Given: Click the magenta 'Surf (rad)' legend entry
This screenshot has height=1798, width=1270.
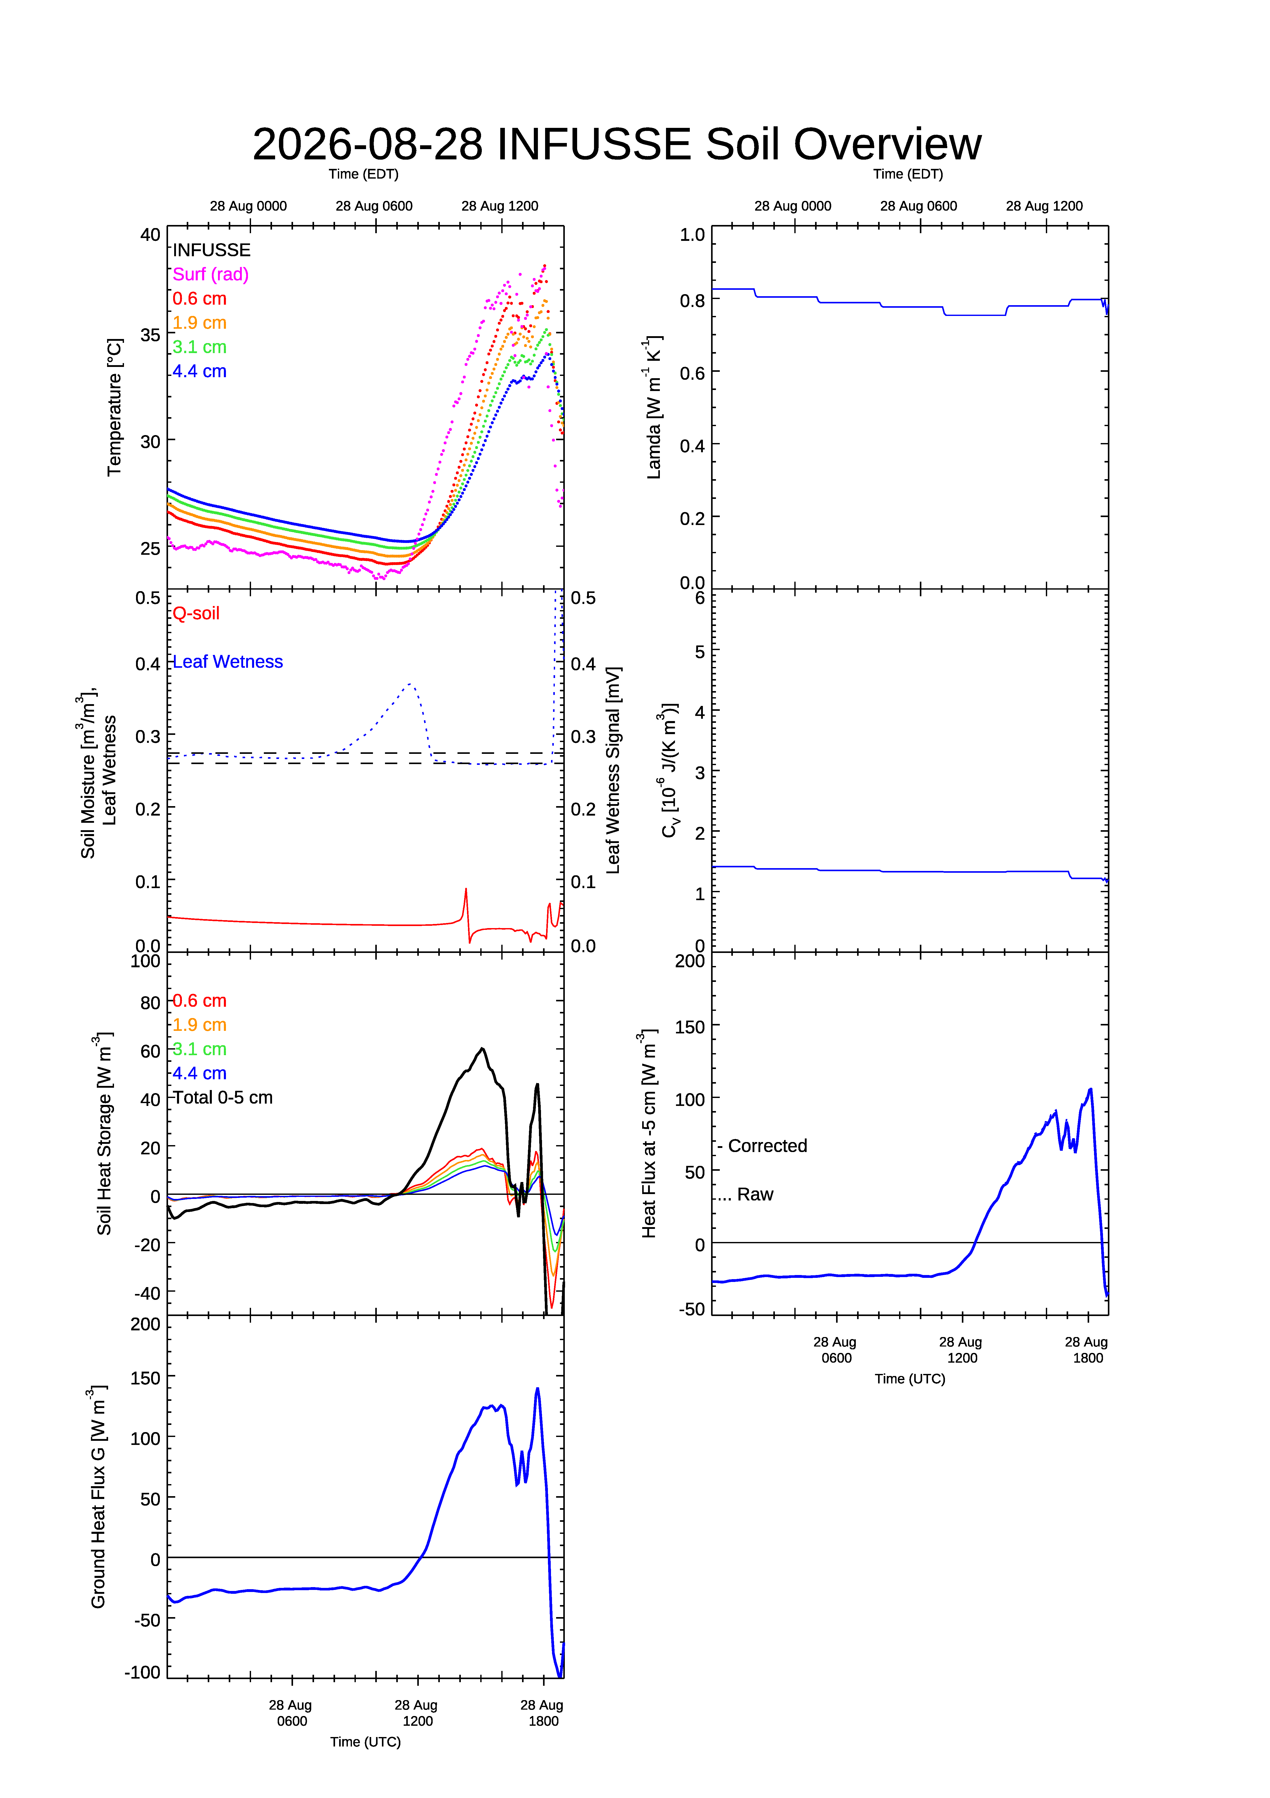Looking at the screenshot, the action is pos(211,274).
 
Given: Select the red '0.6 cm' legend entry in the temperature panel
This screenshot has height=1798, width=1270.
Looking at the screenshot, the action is pos(200,298).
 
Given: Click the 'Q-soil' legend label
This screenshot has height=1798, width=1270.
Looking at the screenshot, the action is pos(196,613).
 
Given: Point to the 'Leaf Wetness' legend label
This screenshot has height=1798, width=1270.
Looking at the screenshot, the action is pos(228,662).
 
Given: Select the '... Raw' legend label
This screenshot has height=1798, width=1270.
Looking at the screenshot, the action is pos(745,1194).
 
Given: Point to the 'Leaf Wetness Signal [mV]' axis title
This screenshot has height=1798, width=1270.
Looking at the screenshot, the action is pos(613,770).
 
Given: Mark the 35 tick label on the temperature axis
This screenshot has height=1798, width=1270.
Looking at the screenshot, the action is pos(150,335).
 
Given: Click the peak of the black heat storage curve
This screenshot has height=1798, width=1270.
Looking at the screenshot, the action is pos(482,1049).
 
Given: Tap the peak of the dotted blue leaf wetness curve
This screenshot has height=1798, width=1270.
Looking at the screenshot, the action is pos(410,684).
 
